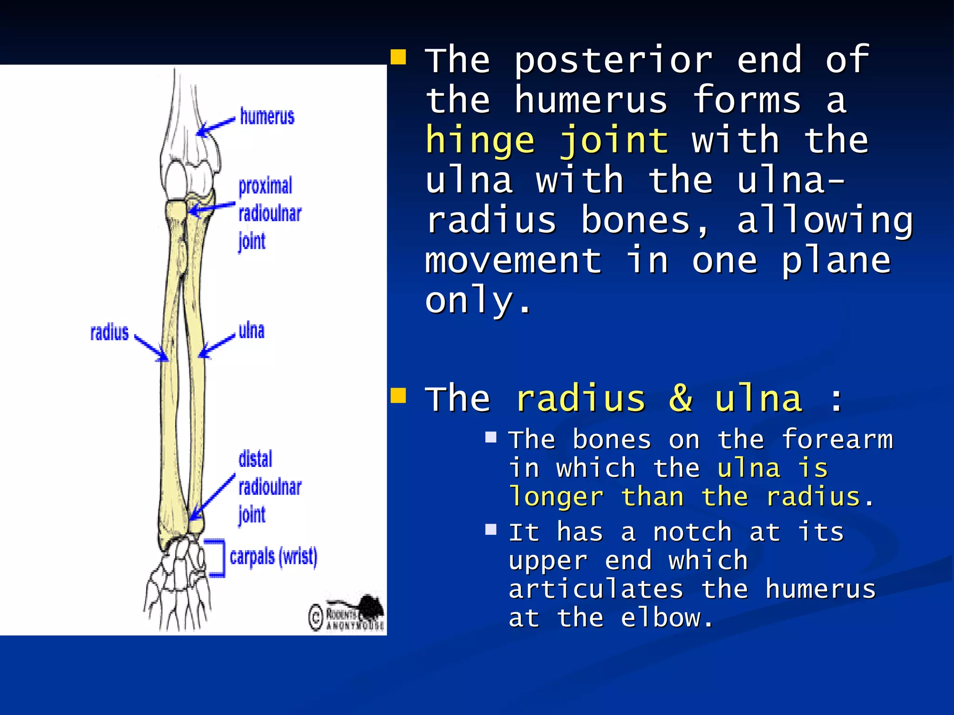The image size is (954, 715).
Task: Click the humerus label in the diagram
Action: pos(267,116)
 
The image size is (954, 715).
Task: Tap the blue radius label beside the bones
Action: pos(109,332)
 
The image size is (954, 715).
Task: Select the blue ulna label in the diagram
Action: pos(251,331)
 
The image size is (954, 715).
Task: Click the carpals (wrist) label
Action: pos(273,557)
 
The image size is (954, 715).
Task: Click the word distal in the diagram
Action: pos(255,459)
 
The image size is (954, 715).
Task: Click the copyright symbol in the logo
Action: pos(316,617)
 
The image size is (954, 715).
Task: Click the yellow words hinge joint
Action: pos(547,141)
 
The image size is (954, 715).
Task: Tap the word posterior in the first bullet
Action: pos(613,61)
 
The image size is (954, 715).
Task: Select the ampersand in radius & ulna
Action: pos(681,398)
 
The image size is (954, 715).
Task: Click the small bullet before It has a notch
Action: pos(491,530)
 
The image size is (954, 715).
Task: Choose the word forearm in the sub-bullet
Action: pos(837,439)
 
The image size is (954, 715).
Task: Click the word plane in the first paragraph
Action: pos(836,261)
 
